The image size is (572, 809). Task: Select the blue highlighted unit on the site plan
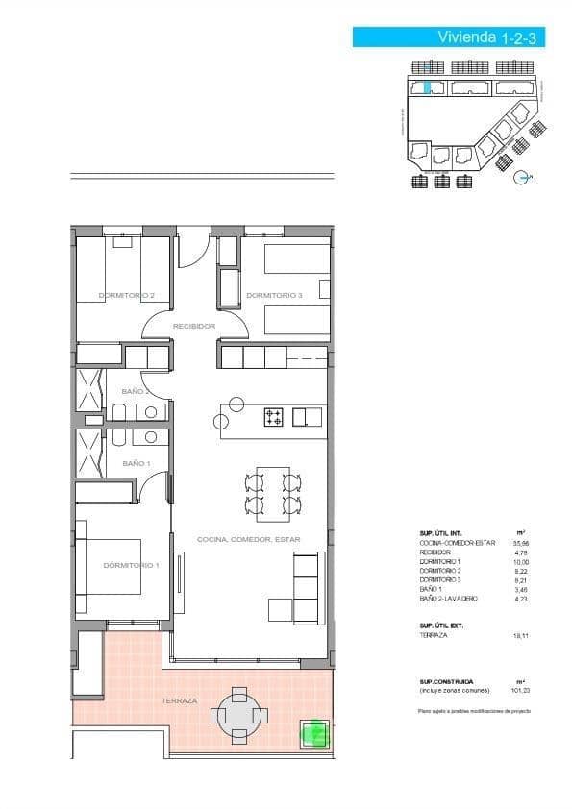click(428, 88)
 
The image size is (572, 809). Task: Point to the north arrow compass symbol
click(522, 177)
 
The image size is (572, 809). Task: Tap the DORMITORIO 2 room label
click(127, 295)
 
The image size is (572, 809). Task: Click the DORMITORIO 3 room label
click(274, 295)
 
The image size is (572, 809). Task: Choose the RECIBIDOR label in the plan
click(193, 327)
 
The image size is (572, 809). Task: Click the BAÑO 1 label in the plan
click(137, 464)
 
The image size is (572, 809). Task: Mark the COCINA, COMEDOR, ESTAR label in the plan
click(248, 540)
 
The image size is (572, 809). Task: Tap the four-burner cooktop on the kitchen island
click(274, 417)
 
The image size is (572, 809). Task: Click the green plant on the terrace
click(313, 733)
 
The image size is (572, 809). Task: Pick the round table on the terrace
click(237, 714)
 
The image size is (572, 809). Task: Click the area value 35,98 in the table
click(522, 543)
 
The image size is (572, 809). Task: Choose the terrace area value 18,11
click(522, 635)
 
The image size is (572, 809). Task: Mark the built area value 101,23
click(520, 690)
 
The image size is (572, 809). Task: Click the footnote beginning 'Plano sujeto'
click(474, 711)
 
